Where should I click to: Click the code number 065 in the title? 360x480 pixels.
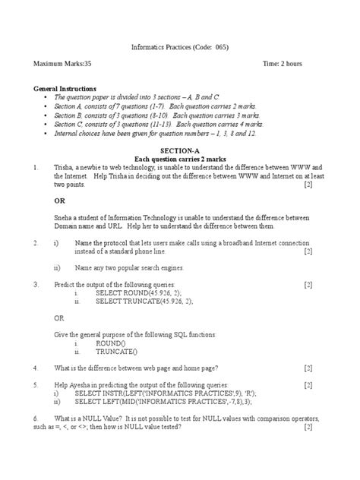coord(217,47)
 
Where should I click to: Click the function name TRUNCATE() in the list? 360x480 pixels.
coord(116,352)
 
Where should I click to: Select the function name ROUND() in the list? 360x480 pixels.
coord(111,343)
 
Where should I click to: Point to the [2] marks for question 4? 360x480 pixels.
coord(308,368)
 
